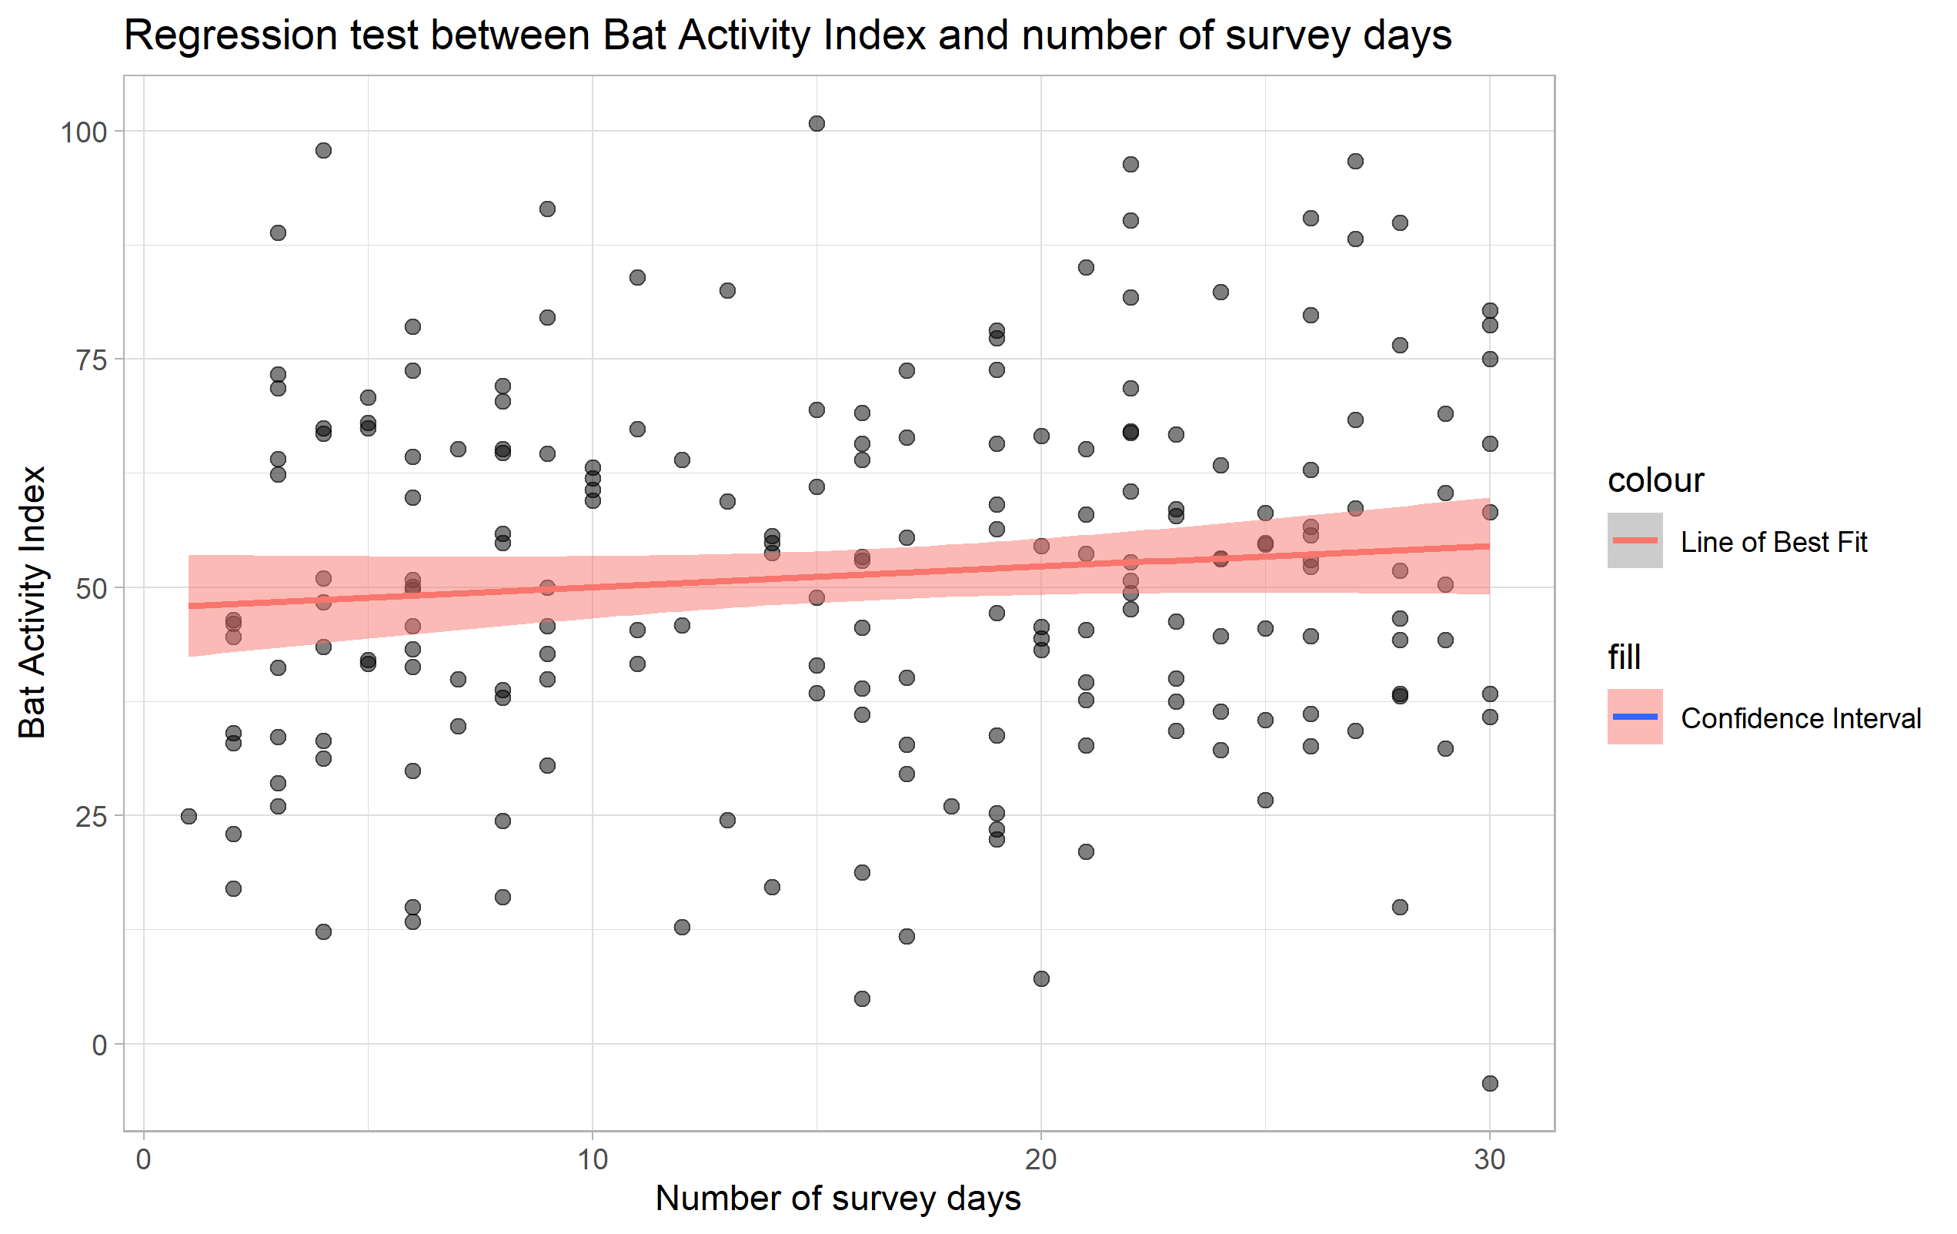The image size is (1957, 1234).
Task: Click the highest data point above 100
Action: point(817,124)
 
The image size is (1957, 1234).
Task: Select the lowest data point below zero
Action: point(1490,1083)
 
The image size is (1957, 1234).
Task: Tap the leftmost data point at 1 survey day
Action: point(189,816)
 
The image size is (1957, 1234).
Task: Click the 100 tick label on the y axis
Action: point(84,132)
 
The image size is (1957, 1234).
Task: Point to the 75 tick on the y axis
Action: point(91,360)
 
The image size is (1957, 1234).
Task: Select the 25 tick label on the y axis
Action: point(91,816)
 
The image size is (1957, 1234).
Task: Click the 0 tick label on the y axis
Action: point(99,1045)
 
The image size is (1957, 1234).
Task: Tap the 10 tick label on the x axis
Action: point(593,1159)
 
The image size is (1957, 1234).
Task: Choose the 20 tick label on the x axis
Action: point(1041,1159)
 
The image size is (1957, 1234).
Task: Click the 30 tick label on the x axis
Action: point(1490,1159)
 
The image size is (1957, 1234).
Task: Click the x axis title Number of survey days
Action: point(838,1199)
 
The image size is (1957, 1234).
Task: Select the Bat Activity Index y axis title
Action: point(32,601)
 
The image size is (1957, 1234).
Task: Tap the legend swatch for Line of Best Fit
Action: point(1635,540)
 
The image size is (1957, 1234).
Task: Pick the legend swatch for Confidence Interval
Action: point(1635,717)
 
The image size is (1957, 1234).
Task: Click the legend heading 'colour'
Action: point(1655,480)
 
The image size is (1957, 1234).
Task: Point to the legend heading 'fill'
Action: point(1624,657)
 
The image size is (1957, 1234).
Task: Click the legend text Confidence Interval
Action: point(1800,718)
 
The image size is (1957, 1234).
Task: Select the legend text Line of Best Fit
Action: point(1773,542)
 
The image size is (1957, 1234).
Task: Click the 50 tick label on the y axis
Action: point(91,589)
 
